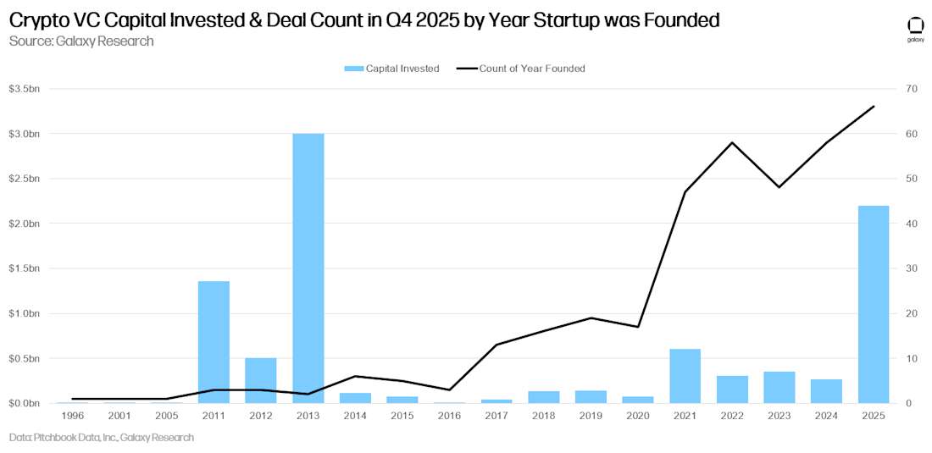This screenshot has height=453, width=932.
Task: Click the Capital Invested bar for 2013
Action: (308, 268)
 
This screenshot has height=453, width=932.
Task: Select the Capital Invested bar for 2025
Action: (874, 305)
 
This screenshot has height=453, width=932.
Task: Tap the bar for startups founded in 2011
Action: (214, 342)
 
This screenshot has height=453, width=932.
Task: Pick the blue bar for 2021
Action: (685, 376)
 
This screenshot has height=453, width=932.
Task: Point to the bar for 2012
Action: (261, 380)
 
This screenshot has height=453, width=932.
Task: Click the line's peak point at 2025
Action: (874, 107)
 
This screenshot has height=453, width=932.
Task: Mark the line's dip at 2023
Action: (779, 186)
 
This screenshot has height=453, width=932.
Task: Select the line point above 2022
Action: (732, 142)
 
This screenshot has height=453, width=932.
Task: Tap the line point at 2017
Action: (497, 345)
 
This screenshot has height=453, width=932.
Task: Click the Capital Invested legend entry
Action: (391, 69)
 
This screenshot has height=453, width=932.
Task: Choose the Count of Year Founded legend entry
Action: (521, 69)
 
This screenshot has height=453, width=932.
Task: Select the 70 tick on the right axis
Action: (910, 89)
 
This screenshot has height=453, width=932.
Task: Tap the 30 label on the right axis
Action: (910, 268)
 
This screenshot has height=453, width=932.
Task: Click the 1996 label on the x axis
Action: (72, 416)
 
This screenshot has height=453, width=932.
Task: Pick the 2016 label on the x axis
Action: (449, 416)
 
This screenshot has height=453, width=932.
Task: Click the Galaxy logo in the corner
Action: (915, 28)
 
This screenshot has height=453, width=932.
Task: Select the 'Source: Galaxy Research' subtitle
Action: (81, 41)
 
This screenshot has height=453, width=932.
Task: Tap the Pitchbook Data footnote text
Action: (102, 438)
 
